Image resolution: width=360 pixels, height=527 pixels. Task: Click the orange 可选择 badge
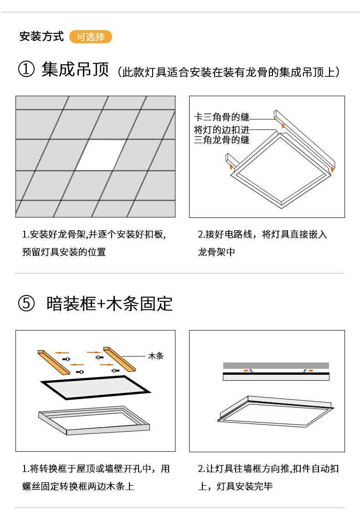click(90, 37)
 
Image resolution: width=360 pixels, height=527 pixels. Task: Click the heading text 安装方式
click(41, 37)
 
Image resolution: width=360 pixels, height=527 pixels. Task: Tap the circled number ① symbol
click(26, 71)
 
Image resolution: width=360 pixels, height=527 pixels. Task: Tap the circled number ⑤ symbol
click(26, 304)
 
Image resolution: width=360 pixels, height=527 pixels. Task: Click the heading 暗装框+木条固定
click(110, 304)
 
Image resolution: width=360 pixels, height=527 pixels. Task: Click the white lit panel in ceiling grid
click(101, 155)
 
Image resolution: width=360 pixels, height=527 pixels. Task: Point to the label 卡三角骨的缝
click(221, 117)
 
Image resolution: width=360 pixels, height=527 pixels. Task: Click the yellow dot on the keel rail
click(277, 119)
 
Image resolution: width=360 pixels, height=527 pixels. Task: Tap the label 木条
click(155, 356)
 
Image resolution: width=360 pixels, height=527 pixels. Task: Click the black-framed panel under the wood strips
click(95, 387)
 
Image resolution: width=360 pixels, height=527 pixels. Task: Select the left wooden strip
click(53, 362)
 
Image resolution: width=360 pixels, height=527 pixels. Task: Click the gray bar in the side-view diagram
click(276, 365)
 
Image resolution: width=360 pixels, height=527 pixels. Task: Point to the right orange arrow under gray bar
click(311, 371)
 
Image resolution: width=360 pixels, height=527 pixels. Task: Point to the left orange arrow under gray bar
click(246, 371)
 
